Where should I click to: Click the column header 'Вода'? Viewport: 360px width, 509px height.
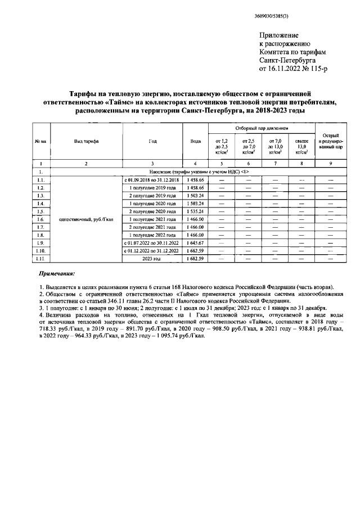tap(196, 141)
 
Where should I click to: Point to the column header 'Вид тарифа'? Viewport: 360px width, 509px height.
tap(86, 141)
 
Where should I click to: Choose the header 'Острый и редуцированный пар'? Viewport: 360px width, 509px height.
tap(331, 141)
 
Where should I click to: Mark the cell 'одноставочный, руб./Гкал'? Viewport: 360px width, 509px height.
tap(86, 219)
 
